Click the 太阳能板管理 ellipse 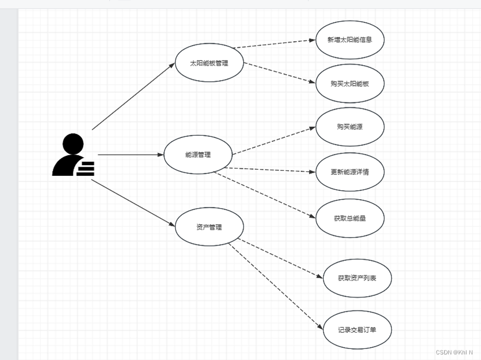point(209,63)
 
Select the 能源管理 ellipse point(198,155)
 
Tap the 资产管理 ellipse point(209,227)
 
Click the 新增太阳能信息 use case point(350,40)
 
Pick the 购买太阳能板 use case point(350,83)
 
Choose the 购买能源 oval point(350,127)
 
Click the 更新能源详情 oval point(350,172)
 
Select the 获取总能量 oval point(350,218)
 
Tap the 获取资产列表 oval point(357,278)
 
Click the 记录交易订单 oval point(357,330)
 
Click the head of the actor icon point(73,144)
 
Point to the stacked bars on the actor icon point(85,169)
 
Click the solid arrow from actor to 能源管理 point(131,155)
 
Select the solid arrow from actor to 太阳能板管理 point(133,96)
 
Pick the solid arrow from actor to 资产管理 point(133,203)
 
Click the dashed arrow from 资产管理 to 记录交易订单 point(276,287)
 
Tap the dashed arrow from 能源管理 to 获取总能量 point(265,195)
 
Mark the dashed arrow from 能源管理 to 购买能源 point(274,141)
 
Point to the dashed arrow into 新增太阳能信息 point(274,44)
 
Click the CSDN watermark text point(454,352)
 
